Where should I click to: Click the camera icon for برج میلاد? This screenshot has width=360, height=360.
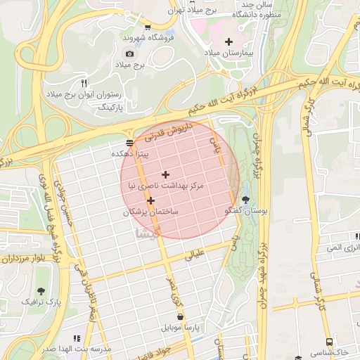[129, 53]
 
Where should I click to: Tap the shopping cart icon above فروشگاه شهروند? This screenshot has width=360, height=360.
[147, 27]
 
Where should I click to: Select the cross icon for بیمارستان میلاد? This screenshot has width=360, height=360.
[229, 41]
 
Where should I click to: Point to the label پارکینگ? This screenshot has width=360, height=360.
[108, 106]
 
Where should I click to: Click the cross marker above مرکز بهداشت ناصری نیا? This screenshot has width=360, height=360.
[165, 174]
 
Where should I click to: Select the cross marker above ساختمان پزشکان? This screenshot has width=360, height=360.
[150, 201]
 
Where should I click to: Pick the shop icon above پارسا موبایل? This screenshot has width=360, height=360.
[183, 316]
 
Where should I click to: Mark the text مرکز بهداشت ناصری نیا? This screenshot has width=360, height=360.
[166, 186]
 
